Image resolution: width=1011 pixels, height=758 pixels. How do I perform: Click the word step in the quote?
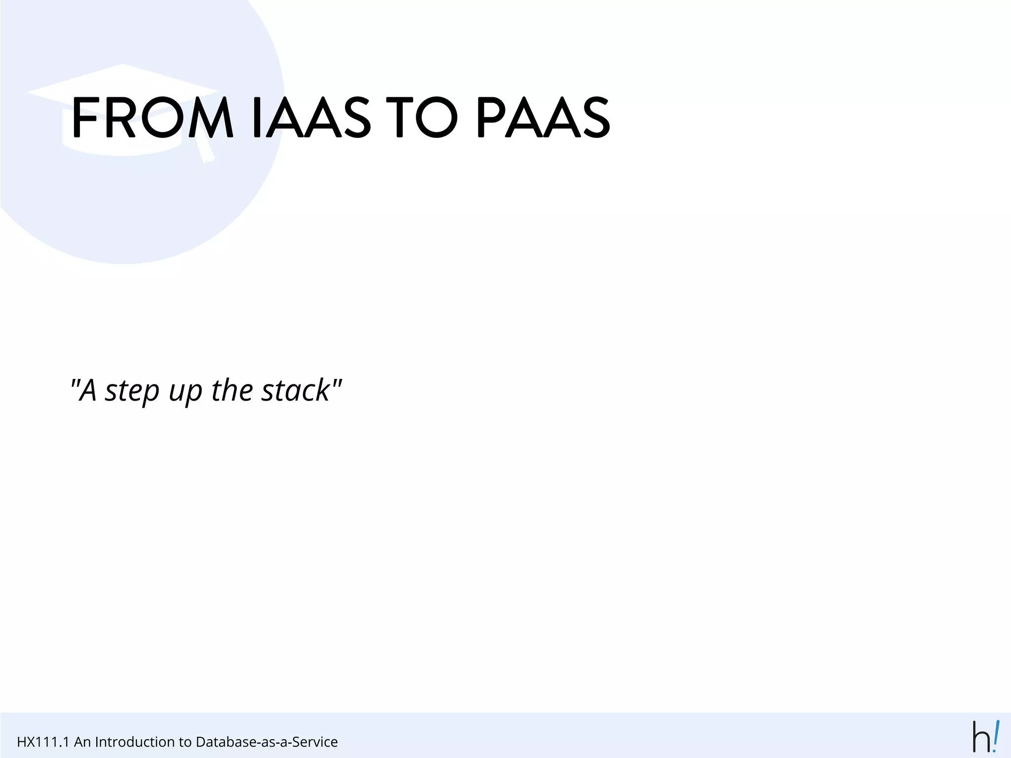point(132,391)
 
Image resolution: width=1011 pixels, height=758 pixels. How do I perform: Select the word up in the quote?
point(186,392)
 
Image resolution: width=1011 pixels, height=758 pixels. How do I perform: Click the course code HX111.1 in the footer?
point(42,742)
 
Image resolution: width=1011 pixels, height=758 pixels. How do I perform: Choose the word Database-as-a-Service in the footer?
point(267,742)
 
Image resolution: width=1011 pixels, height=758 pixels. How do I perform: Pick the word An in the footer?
point(82,742)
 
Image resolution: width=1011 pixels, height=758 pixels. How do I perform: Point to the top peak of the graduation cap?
point(122,65)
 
